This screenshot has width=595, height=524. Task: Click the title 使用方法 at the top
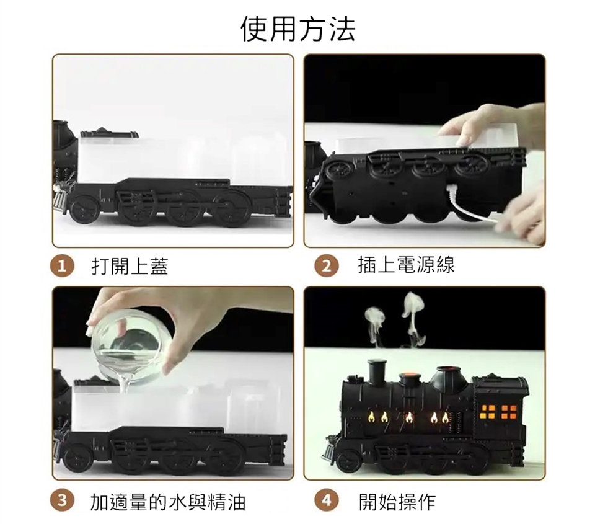298,29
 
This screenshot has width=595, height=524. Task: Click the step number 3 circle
61,500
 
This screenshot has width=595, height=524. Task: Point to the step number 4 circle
327,500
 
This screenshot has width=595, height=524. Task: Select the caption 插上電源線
406,265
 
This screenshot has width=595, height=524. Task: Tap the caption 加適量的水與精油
168,501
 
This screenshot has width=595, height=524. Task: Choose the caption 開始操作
397,501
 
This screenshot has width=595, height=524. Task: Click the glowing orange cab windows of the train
498,412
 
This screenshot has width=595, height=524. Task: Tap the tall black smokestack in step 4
377,370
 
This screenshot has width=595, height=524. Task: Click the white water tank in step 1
182,159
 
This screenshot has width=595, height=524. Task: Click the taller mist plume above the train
413,317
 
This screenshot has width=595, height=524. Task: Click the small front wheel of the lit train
348,460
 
